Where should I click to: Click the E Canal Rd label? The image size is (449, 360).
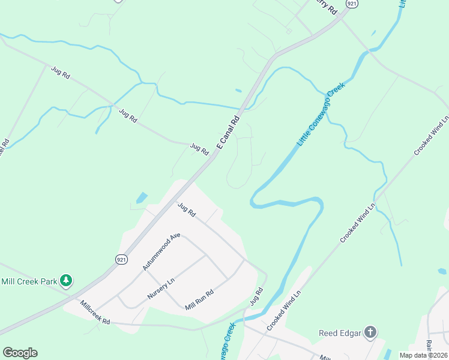(228, 133)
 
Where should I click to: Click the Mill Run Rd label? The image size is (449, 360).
(200, 298)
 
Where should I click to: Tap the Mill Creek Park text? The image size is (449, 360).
(29, 281)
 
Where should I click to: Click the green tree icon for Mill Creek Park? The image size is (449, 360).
(66, 280)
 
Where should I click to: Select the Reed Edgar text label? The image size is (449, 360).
(339, 332)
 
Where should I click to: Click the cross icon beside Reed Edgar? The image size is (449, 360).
(371, 332)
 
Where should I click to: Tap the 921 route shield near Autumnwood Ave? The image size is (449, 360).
(122, 259)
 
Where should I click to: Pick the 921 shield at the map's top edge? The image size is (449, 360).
(352, 3)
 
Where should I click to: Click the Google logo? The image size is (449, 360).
(20, 353)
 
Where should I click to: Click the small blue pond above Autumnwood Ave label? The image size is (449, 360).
(142, 197)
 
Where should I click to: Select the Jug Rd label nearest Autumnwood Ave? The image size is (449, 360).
(187, 209)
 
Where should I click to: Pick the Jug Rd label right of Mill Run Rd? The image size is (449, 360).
(256, 298)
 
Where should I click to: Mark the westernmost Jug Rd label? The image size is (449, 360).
(61, 73)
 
